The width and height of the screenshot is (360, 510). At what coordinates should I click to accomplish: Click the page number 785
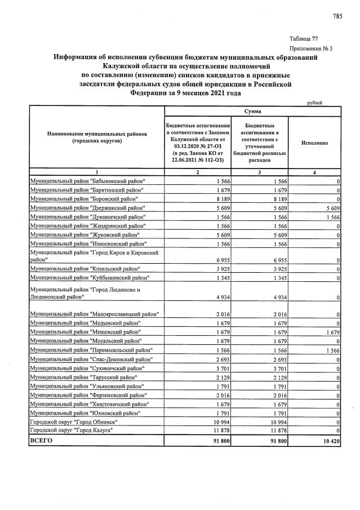(337, 16)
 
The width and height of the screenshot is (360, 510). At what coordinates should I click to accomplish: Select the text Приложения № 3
(310, 48)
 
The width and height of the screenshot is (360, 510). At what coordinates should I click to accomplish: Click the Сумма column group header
(252, 112)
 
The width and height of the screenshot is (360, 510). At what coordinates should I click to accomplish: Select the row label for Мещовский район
(85, 332)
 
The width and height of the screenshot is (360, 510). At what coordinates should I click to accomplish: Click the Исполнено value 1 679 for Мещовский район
(330, 332)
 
